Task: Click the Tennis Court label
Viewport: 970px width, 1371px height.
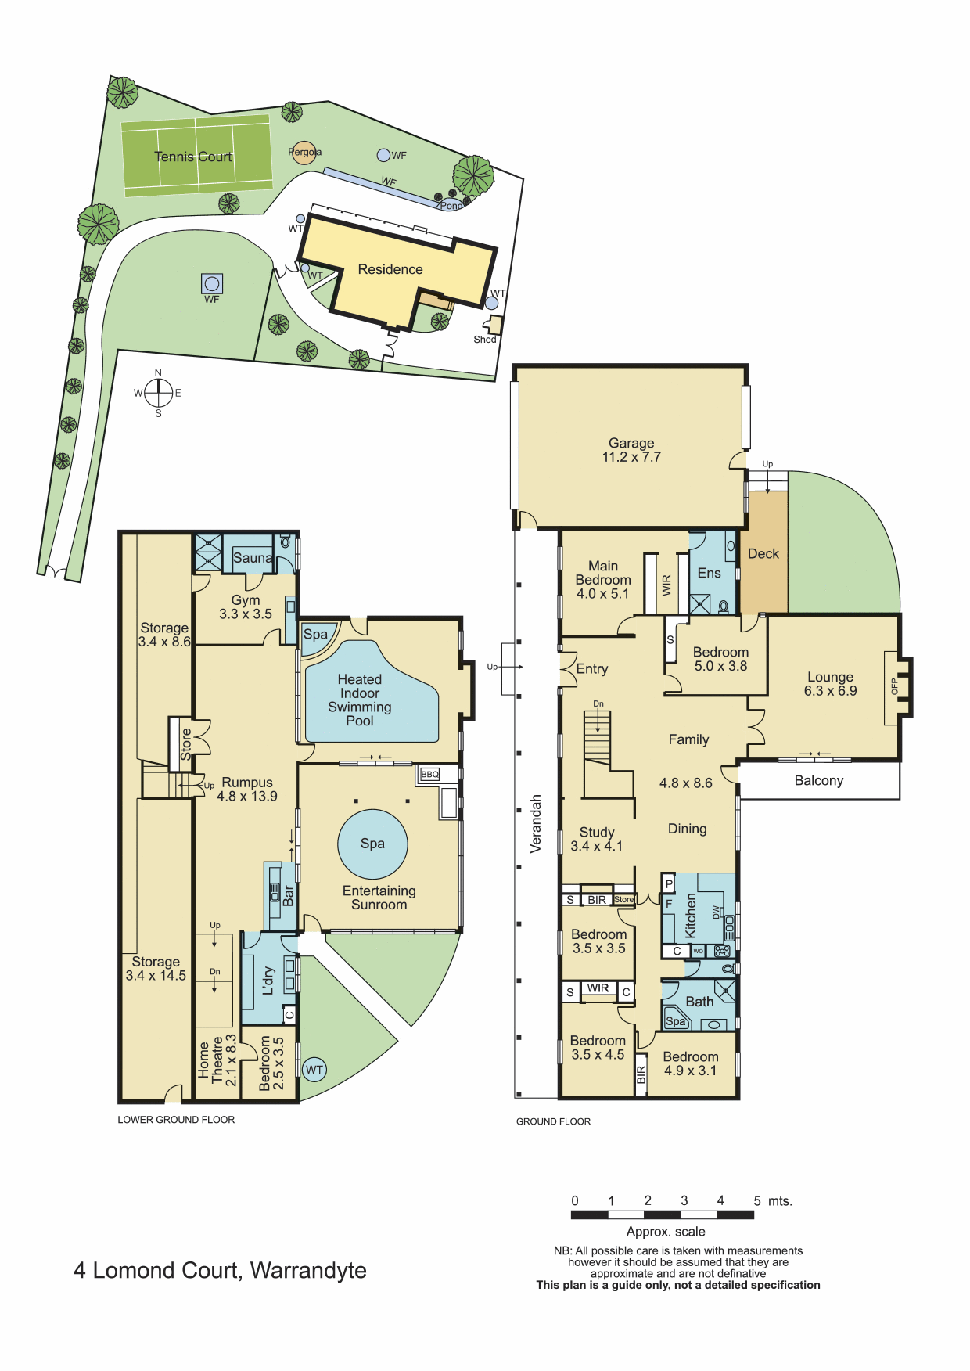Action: (193, 157)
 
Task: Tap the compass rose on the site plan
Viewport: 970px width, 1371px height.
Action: (158, 392)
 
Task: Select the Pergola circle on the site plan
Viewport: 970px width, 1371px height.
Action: (304, 152)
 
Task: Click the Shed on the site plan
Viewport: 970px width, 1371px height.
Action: (494, 325)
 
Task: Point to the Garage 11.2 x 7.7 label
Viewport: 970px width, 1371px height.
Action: (631, 450)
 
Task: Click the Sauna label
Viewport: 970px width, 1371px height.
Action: (253, 558)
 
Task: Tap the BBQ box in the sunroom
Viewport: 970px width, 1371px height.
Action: (429, 774)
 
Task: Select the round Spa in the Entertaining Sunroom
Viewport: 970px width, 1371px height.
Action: (372, 844)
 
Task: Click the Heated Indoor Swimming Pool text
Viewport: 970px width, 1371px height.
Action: (360, 700)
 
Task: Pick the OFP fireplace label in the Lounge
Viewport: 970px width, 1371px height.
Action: (894, 686)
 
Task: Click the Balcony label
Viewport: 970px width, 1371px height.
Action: (819, 780)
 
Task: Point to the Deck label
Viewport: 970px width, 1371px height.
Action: (763, 554)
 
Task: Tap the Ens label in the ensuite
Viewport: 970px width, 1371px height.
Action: (710, 573)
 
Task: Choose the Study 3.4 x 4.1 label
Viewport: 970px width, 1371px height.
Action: (597, 839)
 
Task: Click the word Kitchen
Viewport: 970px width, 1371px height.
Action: (691, 916)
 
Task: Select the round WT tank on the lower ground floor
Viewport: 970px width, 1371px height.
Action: (314, 1070)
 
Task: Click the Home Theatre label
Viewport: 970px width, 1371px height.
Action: (217, 1060)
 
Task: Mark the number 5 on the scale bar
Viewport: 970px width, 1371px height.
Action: (757, 1200)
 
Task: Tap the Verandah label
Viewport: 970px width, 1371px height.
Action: (536, 823)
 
